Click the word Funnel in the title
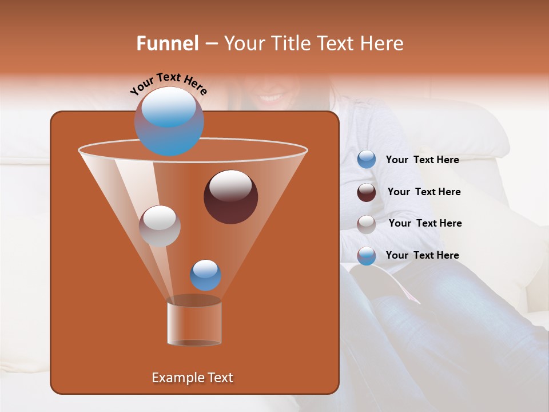pyautogui.click(x=168, y=43)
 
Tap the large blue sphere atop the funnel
pyautogui.click(x=169, y=121)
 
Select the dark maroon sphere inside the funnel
pyautogui.click(x=231, y=197)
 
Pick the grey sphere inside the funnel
pyautogui.click(x=160, y=226)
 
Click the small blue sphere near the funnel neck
pyautogui.click(x=205, y=275)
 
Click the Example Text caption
pyautogui.click(x=193, y=378)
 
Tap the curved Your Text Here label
pyautogui.click(x=168, y=84)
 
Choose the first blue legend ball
pyautogui.click(x=367, y=160)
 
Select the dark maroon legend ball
pyautogui.click(x=367, y=192)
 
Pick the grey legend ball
pyautogui.click(x=367, y=224)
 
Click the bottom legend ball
pyautogui.click(x=367, y=256)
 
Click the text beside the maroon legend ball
pyautogui.click(x=424, y=192)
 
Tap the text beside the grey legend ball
pyautogui.click(x=425, y=224)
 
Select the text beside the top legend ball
pyautogui.click(x=422, y=160)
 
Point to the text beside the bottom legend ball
pyautogui.click(x=422, y=255)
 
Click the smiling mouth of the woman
pyautogui.click(x=274, y=98)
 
